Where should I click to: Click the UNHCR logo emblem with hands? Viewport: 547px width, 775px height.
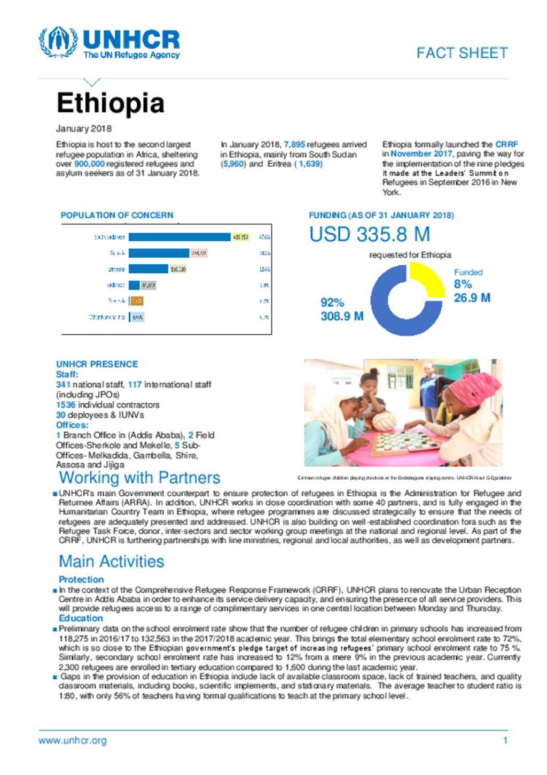point(58,42)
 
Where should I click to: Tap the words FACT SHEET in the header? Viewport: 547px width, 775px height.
point(462,53)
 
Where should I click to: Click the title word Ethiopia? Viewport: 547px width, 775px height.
point(110,103)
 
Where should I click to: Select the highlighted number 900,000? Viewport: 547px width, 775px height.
point(89,164)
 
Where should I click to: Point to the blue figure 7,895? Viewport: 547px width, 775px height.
point(294,144)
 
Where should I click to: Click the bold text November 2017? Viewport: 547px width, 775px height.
point(421,154)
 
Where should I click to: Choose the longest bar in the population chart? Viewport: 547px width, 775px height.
point(179,237)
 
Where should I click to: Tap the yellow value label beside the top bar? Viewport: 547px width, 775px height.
point(240,237)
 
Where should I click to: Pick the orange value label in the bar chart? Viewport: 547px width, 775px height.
point(137,301)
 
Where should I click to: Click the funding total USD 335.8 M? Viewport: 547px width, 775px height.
point(370,234)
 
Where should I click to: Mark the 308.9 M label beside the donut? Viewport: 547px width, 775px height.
point(342,316)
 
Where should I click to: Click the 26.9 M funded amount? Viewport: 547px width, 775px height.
point(472,298)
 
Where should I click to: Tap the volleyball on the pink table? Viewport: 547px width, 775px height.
point(383,421)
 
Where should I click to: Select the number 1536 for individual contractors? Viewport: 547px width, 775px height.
point(66,405)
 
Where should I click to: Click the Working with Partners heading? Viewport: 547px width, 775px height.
point(139,478)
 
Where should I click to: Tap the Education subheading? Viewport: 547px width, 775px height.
point(81,618)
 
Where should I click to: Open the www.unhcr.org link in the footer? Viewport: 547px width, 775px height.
point(72,741)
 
